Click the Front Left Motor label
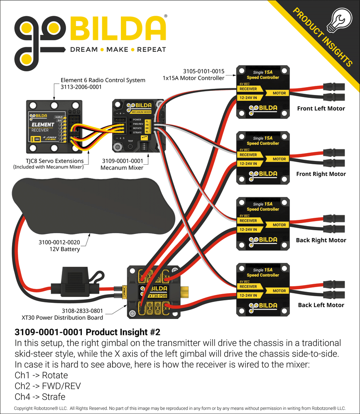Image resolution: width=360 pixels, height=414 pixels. [x=321, y=109]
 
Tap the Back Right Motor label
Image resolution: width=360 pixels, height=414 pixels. [x=321, y=240]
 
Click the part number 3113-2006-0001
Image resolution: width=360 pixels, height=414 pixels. [x=81, y=87]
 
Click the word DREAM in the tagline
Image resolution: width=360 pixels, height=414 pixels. [x=83, y=50]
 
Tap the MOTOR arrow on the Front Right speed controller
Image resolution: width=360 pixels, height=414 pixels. [x=279, y=159]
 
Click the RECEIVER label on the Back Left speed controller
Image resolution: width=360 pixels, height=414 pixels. [x=248, y=286]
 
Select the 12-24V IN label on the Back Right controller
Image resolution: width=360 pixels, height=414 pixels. [x=248, y=229]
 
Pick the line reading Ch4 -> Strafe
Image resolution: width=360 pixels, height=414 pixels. [x=40, y=397]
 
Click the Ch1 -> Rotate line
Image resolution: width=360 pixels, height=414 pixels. [x=41, y=375]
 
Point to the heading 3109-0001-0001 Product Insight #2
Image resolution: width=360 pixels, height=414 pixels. [x=87, y=332]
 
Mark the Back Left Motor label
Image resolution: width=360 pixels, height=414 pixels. [x=321, y=305]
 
